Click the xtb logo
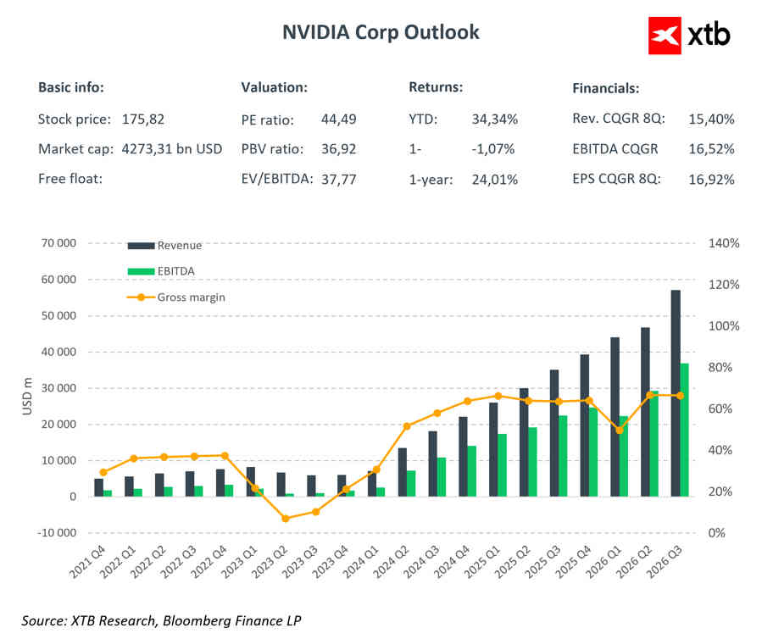[x=688, y=34]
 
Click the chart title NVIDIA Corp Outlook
[x=381, y=32]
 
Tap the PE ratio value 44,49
[x=339, y=119]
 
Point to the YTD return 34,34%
[x=494, y=119]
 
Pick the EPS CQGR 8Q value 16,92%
[x=712, y=179]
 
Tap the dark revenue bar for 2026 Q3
[x=676, y=393]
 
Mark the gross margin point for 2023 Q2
[x=285, y=519]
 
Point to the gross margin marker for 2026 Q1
[x=620, y=430]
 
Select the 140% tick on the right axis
[x=724, y=243]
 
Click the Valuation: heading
[x=274, y=88]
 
